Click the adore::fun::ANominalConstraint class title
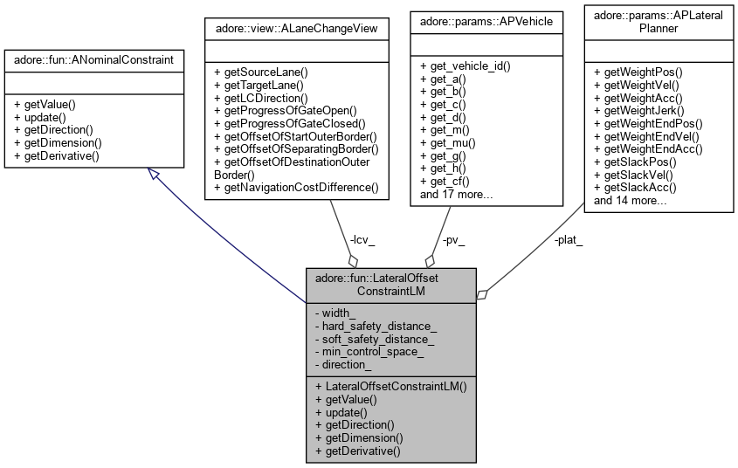[x=93, y=59]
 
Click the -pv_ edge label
[x=452, y=238]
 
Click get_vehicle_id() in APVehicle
[x=465, y=66]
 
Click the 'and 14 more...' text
[x=631, y=200]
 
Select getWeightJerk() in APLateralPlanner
[x=639, y=110]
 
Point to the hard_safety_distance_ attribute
[x=379, y=326]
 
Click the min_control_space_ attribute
[x=373, y=351]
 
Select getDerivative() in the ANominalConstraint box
[x=57, y=155]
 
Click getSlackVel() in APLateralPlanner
[x=634, y=175]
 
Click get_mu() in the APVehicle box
[x=447, y=142]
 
